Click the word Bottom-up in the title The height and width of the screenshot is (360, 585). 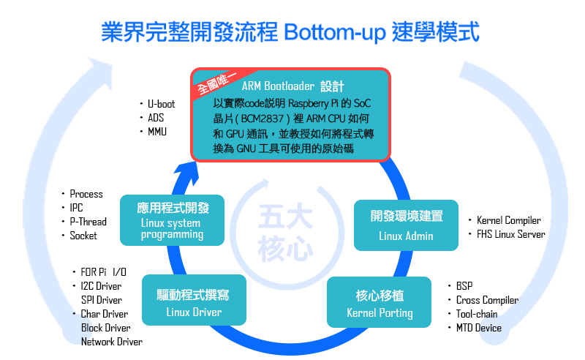335,32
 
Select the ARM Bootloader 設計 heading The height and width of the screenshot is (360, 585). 293,86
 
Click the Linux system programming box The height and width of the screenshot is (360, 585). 172,220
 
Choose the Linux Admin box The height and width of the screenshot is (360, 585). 406,225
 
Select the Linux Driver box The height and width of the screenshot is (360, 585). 194,300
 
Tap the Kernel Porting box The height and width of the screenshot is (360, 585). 379,302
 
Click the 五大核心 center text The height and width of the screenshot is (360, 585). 285,233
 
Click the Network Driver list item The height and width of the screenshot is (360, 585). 112,341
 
